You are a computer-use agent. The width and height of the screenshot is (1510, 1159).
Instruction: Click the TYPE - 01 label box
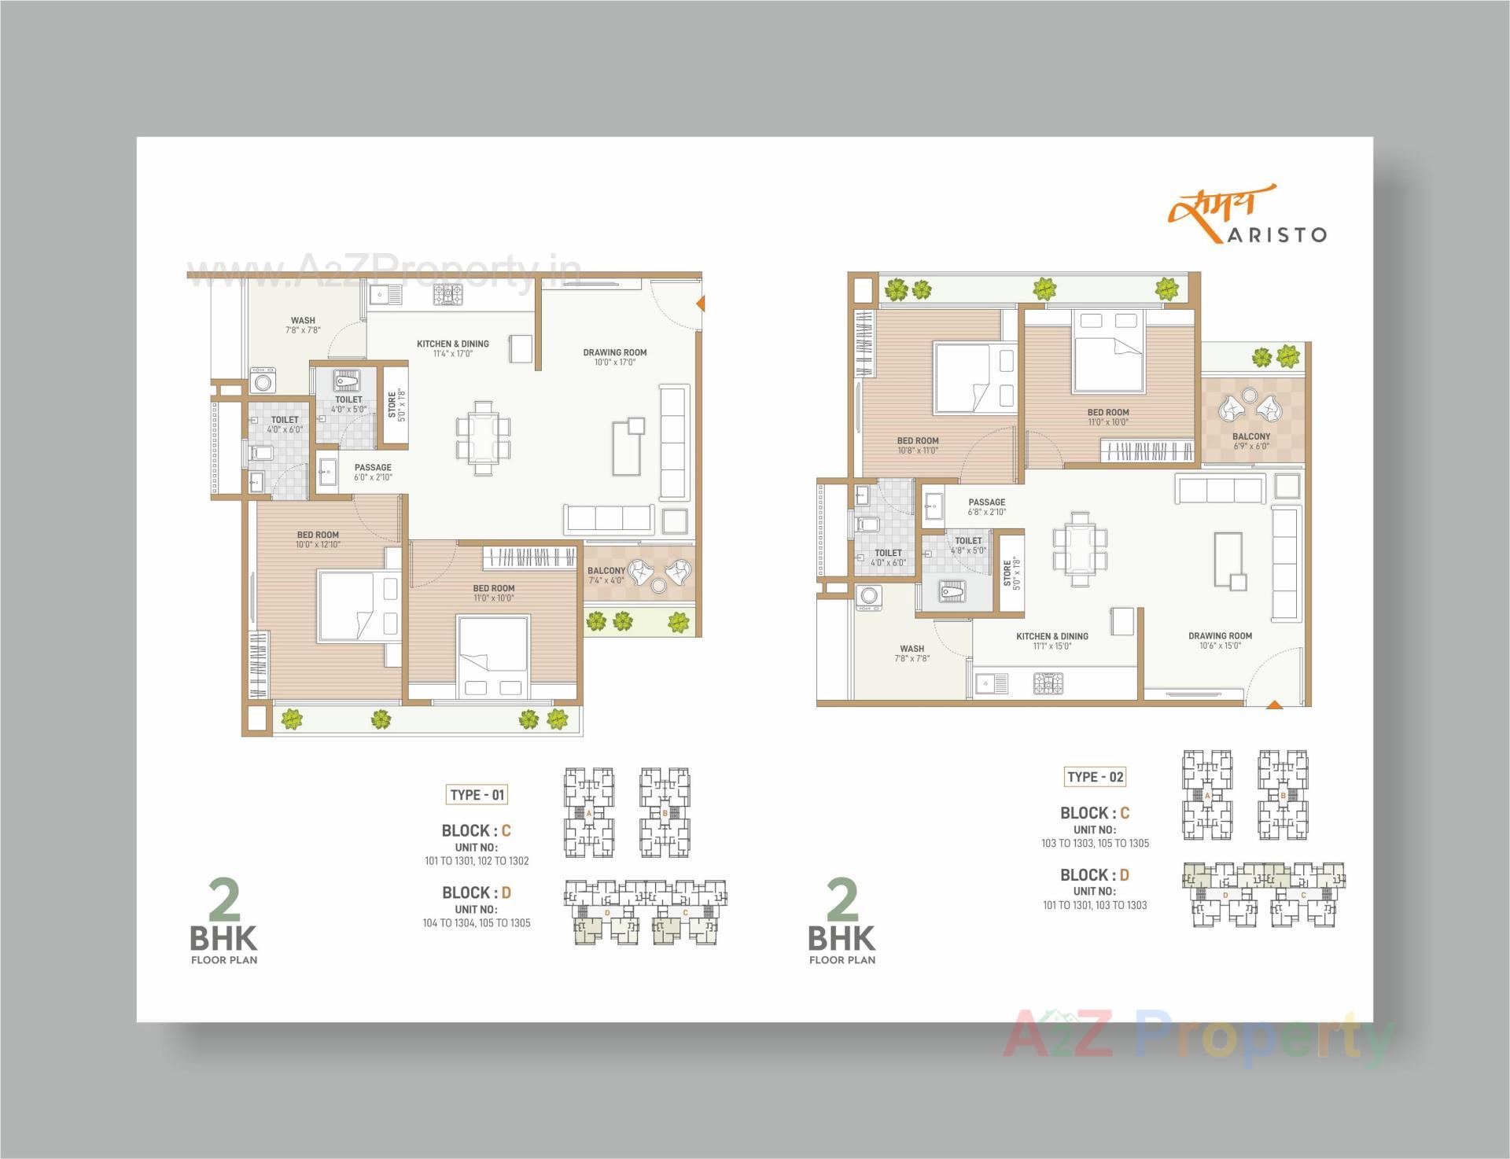click(477, 794)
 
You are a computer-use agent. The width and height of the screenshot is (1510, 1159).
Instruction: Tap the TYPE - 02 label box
click(1095, 777)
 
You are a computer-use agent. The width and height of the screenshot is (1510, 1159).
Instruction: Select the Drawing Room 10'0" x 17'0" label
click(614, 357)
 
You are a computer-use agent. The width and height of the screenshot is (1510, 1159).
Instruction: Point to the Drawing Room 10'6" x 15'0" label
click(1220, 641)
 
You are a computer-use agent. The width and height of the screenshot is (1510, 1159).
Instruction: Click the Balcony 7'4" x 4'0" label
click(606, 576)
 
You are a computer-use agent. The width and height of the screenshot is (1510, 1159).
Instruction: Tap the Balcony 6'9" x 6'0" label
click(1250, 441)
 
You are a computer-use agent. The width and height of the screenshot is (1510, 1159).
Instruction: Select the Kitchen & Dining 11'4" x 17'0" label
click(452, 348)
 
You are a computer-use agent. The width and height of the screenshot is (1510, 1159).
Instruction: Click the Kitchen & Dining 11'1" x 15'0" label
click(1051, 641)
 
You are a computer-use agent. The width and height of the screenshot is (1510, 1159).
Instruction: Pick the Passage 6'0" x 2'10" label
click(372, 472)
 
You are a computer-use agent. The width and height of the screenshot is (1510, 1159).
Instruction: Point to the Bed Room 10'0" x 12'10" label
click(318, 539)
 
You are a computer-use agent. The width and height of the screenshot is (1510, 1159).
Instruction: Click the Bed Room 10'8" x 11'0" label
click(918, 446)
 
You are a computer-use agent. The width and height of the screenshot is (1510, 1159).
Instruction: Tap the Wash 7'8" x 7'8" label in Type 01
click(303, 325)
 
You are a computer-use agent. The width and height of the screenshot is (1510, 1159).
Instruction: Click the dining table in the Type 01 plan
click(482, 437)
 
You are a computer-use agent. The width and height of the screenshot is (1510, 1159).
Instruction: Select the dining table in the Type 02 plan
click(1080, 548)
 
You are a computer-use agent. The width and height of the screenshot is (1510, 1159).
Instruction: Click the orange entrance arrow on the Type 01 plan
click(700, 303)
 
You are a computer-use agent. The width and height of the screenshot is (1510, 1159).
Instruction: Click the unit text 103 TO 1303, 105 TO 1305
click(1095, 843)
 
